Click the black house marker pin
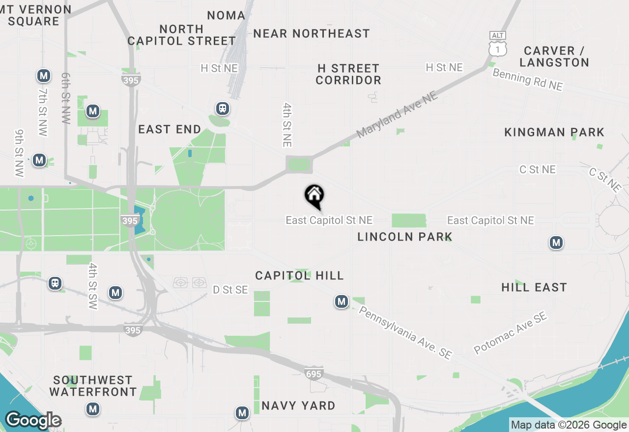click(x=314, y=196)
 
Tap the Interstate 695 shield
click(x=314, y=374)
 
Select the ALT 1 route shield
click(x=498, y=45)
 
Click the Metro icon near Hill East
click(x=556, y=243)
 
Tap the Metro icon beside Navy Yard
click(x=242, y=413)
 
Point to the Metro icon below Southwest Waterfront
click(x=92, y=408)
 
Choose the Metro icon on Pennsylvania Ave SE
click(x=342, y=301)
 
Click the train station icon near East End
click(x=223, y=108)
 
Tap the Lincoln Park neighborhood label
click(x=404, y=237)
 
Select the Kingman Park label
click(x=554, y=132)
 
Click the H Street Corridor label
click(x=348, y=74)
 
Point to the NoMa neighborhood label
click(x=226, y=15)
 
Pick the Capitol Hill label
click(x=299, y=275)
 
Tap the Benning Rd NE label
click(x=527, y=80)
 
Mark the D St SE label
click(x=230, y=290)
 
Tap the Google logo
click(x=33, y=420)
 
